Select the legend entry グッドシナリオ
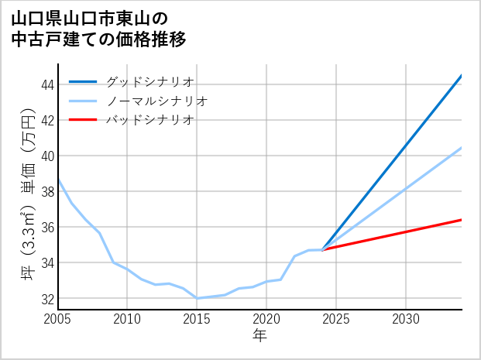click(x=150, y=81)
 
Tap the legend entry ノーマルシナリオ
click(x=157, y=101)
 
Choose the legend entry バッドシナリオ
click(x=150, y=120)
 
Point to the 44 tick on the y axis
click(x=47, y=84)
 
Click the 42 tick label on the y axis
click(x=47, y=120)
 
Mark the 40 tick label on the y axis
click(x=47, y=156)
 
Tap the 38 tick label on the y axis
click(x=47, y=191)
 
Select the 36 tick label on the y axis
click(x=47, y=227)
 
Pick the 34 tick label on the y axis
click(x=47, y=262)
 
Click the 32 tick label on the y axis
click(x=47, y=298)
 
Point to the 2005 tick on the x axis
click(x=58, y=319)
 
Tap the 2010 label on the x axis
click(x=127, y=319)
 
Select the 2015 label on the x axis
click(x=197, y=319)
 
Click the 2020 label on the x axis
click(x=266, y=319)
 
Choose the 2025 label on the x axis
click(x=336, y=319)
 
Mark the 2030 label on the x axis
click(x=406, y=319)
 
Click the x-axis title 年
click(x=259, y=335)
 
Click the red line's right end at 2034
click(x=462, y=220)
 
